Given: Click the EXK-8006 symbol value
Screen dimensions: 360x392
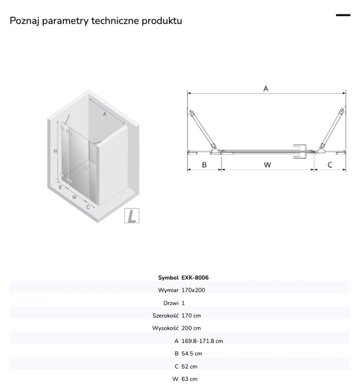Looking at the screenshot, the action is click(x=195, y=278).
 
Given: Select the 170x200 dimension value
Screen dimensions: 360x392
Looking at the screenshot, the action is click(x=193, y=290).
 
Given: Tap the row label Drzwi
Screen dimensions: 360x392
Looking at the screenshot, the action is click(x=171, y=303).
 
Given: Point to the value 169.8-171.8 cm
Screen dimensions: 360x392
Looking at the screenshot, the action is click(x=202, y=341).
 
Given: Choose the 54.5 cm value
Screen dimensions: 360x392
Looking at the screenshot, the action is click(x=192, y=353).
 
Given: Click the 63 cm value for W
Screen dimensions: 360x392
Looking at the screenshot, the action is click(x=190, y=379).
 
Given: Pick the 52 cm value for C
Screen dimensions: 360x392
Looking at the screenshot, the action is click(x=190, y=366).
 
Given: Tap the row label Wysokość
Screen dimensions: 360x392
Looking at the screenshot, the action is click(x=165, y=328).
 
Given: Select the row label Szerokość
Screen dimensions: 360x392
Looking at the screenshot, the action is click(x=166, y=316).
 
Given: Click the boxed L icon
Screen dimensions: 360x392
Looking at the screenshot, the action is click(x=132, y=215).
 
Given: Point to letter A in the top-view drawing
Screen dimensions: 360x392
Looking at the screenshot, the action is click(x=266, y=88).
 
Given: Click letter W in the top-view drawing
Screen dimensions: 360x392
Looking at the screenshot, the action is click(x=268, y=165).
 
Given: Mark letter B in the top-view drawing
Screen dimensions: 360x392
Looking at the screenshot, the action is click(x=204, y=165).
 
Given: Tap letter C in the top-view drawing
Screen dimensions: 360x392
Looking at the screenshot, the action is click(x=330, y=165).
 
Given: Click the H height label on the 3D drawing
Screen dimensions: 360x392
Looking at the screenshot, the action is click(x=55, y=151).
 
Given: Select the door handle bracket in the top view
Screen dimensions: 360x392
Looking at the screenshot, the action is click(x=299, y=151).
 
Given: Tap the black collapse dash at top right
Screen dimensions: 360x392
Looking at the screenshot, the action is click(x=343, y=15).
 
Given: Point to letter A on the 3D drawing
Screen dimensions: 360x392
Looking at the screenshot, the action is click(x=104, y=114).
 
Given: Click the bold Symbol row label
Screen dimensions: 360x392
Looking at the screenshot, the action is click(x=168, y=278).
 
